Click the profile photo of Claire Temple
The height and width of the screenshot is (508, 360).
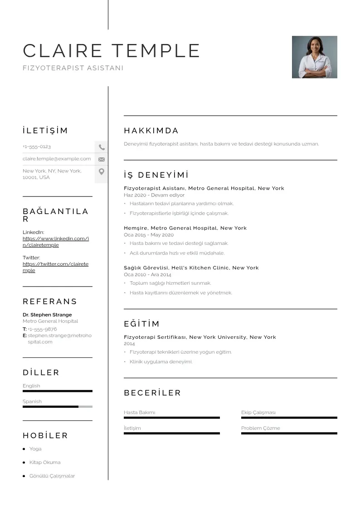click(314, 57)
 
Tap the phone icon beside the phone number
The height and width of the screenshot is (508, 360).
click(102, 147)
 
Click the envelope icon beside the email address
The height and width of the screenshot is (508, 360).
click(102, 159)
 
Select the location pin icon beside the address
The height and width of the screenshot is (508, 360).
click(102, 171)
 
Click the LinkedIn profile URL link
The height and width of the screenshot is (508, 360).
click(56, 242)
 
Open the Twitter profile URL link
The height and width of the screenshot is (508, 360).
click(55, 267)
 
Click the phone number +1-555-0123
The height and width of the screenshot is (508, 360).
click(37, 147)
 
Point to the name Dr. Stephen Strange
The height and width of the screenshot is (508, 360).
click(47, 315)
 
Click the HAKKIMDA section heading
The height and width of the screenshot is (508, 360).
click(151, 131)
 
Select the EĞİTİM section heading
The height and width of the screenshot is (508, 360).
click(141, 324)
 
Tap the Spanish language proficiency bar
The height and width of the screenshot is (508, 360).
click(58, 407)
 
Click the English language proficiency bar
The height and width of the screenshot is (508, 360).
click(58, 391)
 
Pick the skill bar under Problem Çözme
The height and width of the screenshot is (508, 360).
click(289, 434)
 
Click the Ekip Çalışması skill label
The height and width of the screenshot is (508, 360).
click(258, 413)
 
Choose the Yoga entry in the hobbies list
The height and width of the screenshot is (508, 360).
click(35, 449)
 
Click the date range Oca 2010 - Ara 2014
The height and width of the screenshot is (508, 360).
click(147, 275)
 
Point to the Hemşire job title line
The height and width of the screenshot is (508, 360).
click(185, 228)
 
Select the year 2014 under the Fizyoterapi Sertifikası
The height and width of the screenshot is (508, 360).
click(129, 344)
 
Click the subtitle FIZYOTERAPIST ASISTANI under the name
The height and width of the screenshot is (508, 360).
click(73, 68)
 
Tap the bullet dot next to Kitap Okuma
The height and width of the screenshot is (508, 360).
click(24, 463)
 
